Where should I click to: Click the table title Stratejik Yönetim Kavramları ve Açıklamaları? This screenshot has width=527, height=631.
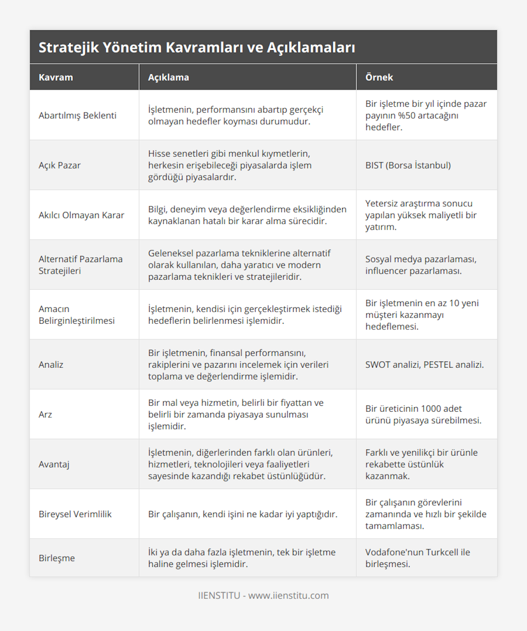point(197,47)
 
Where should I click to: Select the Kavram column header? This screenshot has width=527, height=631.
point(56,77)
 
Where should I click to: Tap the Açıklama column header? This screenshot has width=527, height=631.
point(168,77)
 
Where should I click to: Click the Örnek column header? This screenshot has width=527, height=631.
point(379,77)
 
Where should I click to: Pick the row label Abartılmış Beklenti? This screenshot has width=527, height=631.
point(77,116)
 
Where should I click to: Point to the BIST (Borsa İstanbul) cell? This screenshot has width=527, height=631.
point(408,165)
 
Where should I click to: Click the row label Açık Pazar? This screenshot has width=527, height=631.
point(60,165)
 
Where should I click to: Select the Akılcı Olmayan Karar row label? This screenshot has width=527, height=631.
point(81,215)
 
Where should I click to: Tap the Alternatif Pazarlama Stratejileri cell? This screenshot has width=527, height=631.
point(80,265)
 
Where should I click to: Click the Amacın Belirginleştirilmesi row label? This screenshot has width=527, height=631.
point(76,315)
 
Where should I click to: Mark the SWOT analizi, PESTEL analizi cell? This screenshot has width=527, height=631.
point(424,365)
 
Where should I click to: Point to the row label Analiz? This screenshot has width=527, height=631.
point(51,365)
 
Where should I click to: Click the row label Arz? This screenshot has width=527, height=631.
point(45,414)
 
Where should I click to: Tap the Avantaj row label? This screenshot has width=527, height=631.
point(54,464)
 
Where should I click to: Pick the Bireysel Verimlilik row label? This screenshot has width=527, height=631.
point(75,514)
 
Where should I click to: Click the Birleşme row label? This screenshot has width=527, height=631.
point(57,558)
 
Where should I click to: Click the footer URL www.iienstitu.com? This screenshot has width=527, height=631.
point(289,595)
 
